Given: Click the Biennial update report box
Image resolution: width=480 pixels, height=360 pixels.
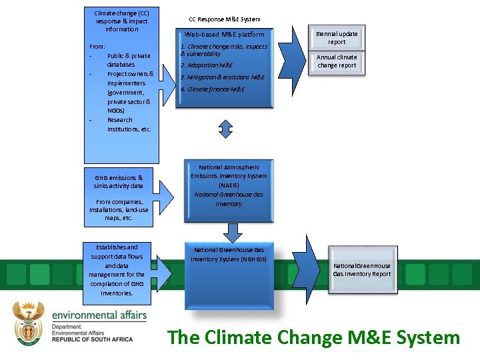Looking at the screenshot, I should (337, 38).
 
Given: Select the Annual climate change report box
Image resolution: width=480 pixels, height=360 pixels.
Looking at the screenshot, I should (337, 61).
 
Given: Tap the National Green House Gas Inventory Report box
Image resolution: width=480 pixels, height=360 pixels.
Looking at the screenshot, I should (362, 269).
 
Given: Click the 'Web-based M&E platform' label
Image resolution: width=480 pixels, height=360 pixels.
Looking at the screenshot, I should (225, 34).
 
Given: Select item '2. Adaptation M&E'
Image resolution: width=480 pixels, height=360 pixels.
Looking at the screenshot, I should (207, 65).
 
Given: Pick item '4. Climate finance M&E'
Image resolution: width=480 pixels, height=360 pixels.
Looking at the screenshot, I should (212, 89).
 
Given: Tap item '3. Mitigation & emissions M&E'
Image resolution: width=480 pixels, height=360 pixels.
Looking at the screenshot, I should (222, 77).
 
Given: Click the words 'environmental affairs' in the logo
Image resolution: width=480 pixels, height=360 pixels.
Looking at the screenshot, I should (99, 314).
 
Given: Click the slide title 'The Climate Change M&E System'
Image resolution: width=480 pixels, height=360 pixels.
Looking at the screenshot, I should (313, 337).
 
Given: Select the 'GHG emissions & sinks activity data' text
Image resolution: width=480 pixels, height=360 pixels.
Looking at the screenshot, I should (118, 181).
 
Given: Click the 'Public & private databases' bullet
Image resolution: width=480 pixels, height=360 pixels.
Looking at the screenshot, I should (129, 60).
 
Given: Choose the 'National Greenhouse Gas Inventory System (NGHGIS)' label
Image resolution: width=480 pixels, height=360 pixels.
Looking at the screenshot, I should (229, 254).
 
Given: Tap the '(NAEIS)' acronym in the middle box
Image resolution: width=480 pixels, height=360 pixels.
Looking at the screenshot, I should (229, 185).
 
